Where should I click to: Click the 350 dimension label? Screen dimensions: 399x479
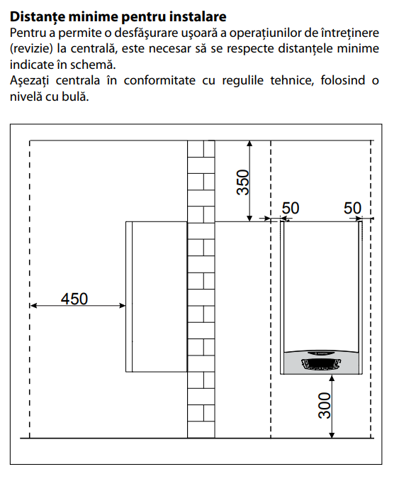pyautogui.click(x=243, y=182)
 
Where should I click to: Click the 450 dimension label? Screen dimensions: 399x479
pyautogui.click(x=74, y=299)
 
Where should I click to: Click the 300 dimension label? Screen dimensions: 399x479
pyautogui.click(x=325, y=405)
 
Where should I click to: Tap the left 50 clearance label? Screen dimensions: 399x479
pyautogui.click(x=291, y=209)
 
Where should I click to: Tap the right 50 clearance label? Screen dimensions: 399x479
pyautogui.click(x=352, y=209)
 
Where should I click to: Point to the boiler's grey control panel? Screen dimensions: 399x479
pyautogui.click(x=322, y=363)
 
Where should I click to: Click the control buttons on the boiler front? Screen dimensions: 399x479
pyautogui.click(x=321, y=364)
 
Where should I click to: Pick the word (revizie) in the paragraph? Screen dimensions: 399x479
pyautogui.click(x=32, y=49)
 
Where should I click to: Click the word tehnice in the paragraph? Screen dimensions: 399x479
pyautogui.click(x=292, y=80)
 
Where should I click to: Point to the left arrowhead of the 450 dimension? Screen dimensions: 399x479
pyautogui.click(x=33, y=305)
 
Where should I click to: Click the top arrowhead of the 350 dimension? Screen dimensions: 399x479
pyautogui.click(x=249, y=144)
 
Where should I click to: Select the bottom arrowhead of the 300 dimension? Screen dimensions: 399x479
pyautogui.click(x=332, y=435)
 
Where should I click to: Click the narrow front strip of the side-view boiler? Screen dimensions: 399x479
pyautogui.click(x=129, y=297)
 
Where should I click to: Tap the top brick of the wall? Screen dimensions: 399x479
pyautogui.click(x=201, y=149)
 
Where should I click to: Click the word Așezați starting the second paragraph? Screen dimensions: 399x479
pyautogui.click(x=29, y=81)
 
